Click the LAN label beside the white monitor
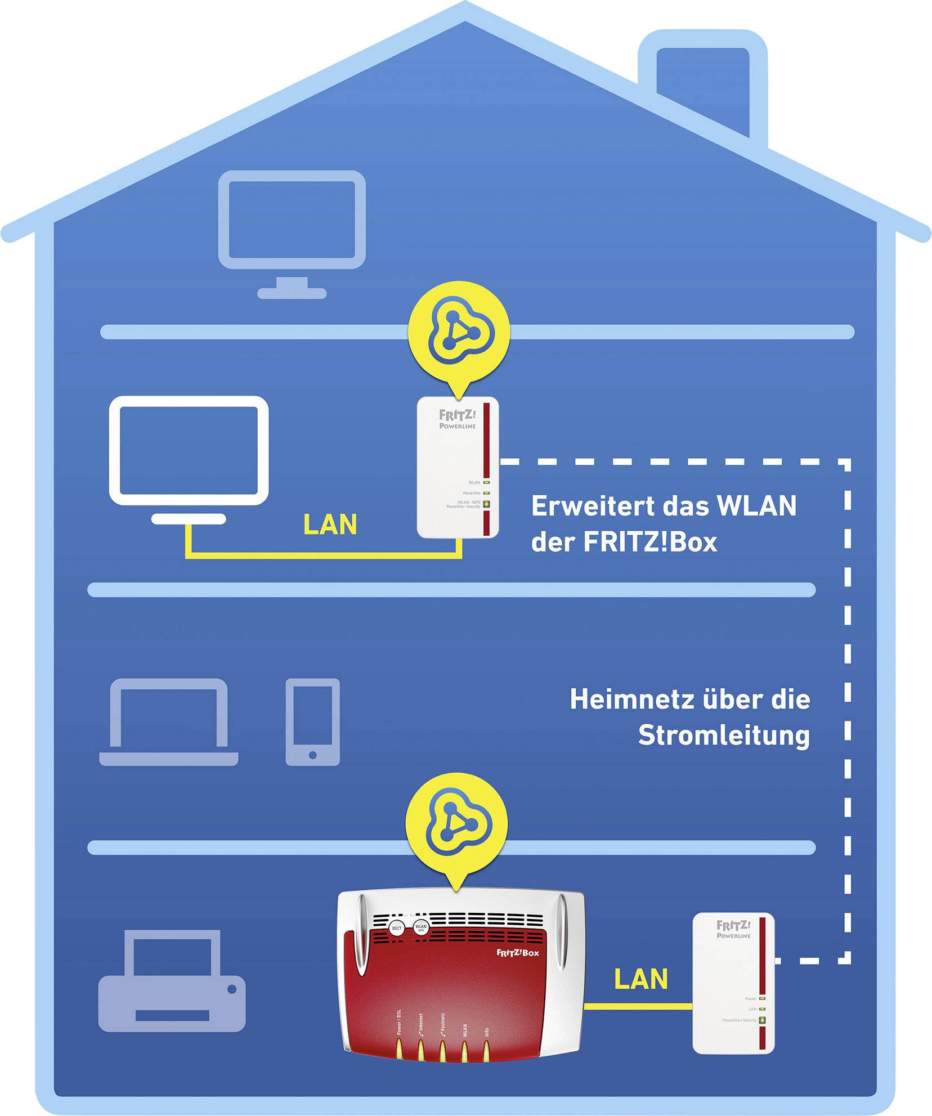[330, 525]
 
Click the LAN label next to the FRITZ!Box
[641, 979]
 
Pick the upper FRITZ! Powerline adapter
[458, 467]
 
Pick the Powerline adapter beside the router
[733, 982]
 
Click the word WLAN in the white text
[756, 505]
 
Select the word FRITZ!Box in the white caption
[650, 542]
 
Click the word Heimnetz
[631, 700]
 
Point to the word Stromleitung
[724, 736]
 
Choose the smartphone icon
[312, 721]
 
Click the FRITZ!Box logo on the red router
[517, 952]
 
